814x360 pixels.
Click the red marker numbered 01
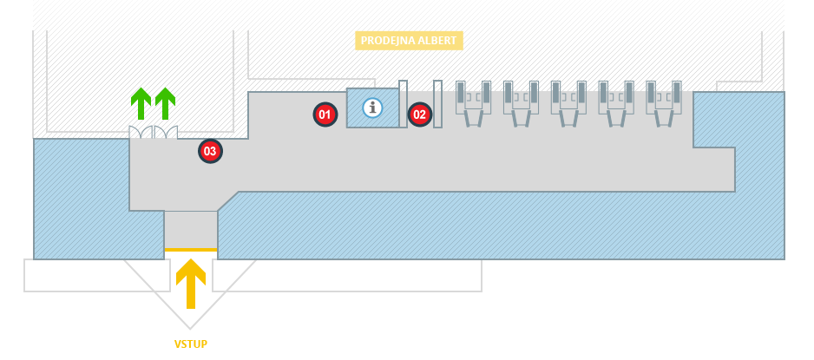point(325,114)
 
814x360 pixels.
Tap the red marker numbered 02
point(419,114)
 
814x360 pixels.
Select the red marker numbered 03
point(209,151)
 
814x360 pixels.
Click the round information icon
point(373,108)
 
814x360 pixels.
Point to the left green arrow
point(141,103)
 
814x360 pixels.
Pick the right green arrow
point(165,103)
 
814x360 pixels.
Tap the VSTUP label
point(191,344)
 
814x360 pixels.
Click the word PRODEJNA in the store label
point(386,40)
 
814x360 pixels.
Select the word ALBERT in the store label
point(436,40)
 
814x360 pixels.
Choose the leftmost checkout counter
point(474,103)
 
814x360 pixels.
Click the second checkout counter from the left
point(521,103)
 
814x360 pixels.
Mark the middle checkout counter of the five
point(568,103)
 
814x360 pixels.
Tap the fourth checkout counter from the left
point(615,103)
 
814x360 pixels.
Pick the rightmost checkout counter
point(663,103)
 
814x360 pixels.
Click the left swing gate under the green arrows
point(141,133)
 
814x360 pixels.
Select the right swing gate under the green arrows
point(166,133)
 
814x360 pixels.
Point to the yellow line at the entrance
point(191,250)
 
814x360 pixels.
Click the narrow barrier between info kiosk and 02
point(404,104)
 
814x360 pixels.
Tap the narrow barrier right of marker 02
point(438,104)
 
